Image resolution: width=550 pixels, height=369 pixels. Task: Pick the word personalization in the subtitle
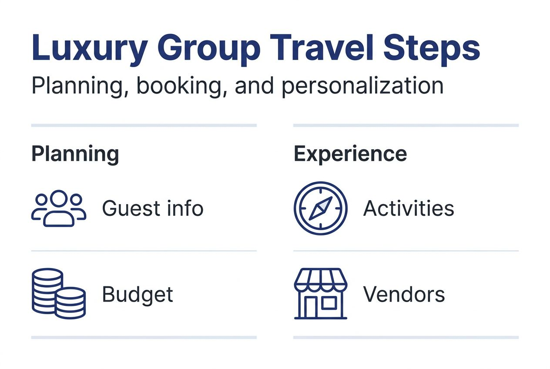coord(362,86)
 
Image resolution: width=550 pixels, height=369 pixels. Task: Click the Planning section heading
coord(75,154)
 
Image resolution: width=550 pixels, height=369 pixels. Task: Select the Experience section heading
coord(350,154)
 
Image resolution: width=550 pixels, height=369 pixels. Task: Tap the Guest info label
coord(152,208)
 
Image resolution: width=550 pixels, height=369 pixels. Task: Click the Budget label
coord(137,295)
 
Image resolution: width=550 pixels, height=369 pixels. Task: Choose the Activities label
coord(409,208)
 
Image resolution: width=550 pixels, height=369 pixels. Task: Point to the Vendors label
coord(404,295)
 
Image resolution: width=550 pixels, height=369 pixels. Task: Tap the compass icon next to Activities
coord(321,208)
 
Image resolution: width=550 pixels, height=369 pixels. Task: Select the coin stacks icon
coord(59,293)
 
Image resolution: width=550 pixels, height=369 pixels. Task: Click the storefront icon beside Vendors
coord(321,293)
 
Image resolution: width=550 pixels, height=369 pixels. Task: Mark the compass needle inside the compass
coord(321,208)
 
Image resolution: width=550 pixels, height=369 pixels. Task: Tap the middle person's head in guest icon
coord(59,199)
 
